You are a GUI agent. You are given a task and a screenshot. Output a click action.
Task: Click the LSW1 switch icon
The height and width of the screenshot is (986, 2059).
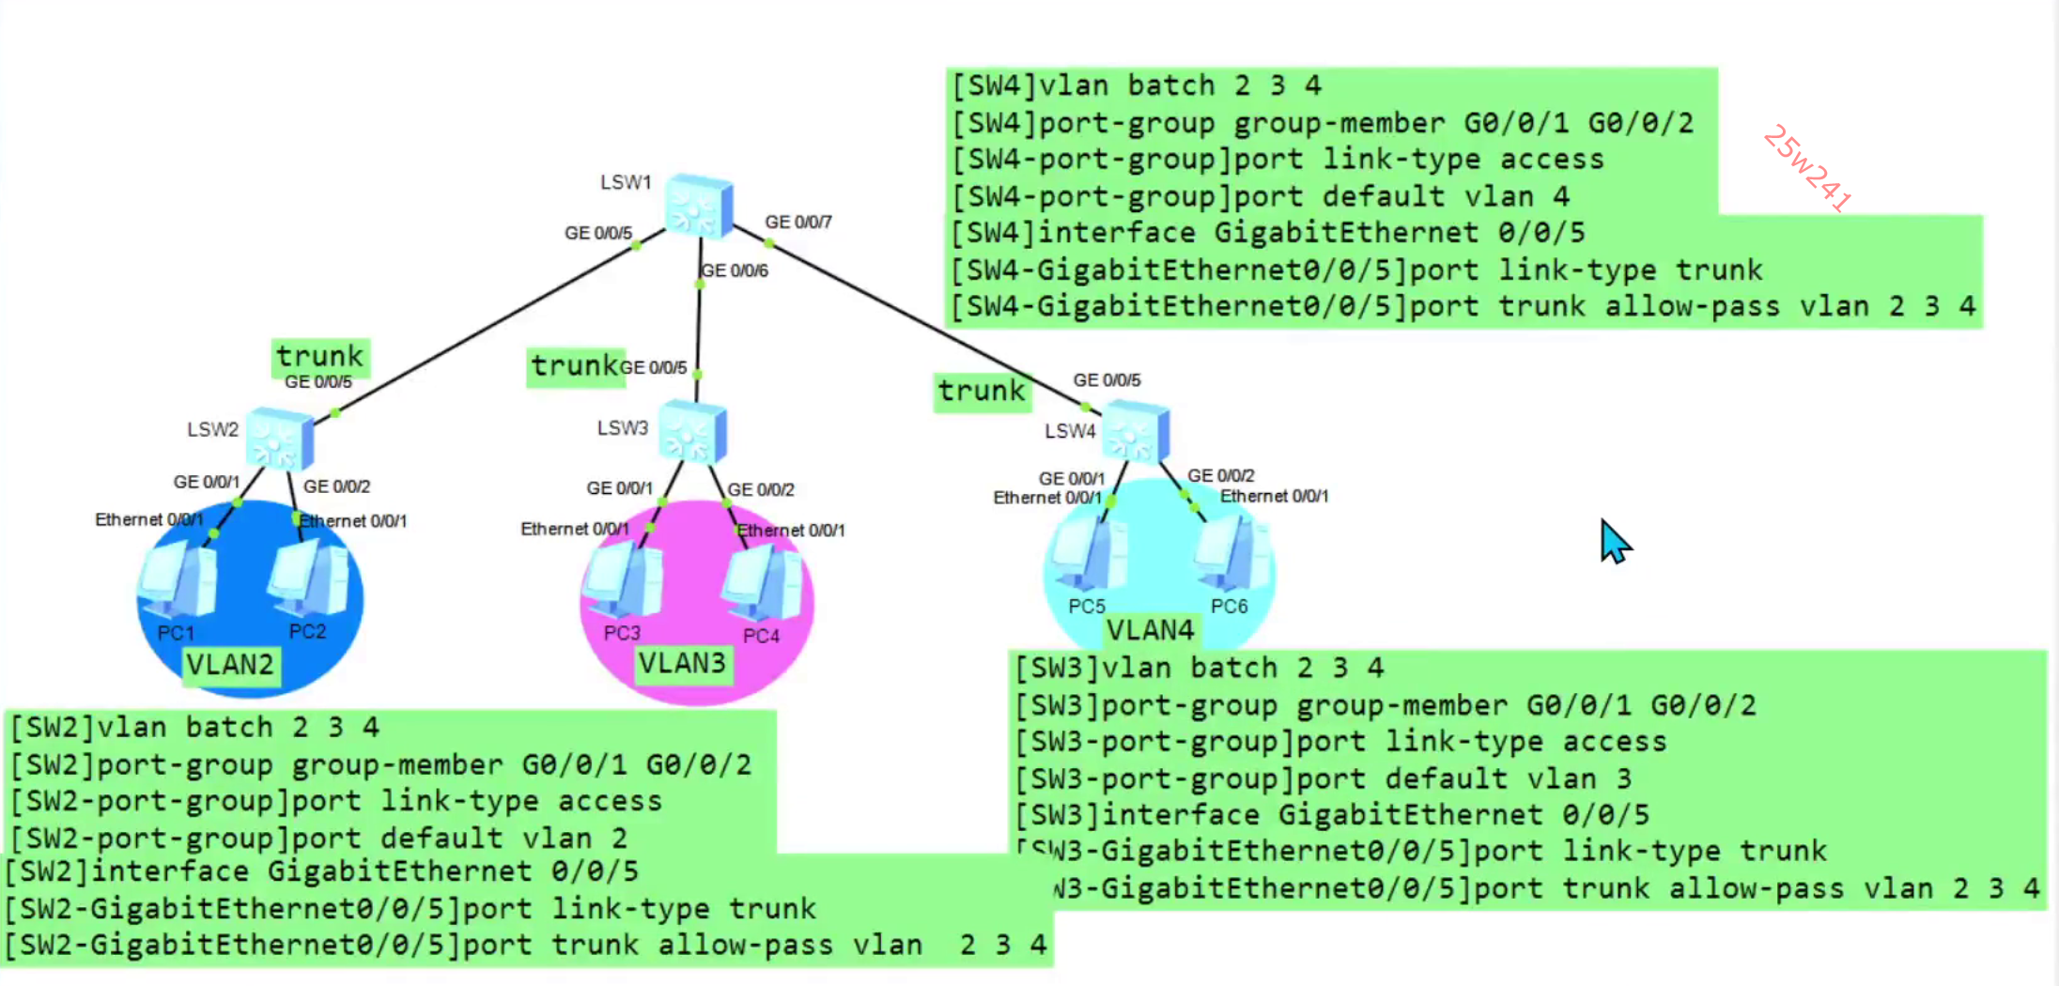[699, 205]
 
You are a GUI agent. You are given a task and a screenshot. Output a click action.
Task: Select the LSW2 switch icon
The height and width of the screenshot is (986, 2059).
[279, 438]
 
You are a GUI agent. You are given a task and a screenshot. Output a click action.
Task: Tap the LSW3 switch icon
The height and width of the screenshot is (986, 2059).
[692, 432]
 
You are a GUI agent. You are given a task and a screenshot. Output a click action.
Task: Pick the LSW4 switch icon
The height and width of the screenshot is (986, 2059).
[1136, 431]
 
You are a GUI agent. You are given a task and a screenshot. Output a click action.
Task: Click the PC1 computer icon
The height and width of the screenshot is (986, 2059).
[178, 582]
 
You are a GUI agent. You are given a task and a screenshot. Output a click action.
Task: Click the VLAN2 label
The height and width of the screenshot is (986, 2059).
[230, 665]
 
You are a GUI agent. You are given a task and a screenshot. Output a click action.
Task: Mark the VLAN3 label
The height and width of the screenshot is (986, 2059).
[683, 663]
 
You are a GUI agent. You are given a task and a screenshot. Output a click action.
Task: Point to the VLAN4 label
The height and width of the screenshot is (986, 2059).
[1151, 629]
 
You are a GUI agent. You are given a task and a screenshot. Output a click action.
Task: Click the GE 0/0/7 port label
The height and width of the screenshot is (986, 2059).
[798, 222]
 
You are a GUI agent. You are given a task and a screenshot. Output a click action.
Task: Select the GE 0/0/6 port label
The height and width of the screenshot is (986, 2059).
[735, 270]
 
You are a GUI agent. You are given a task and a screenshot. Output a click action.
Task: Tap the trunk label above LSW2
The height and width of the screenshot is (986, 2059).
[320, 356]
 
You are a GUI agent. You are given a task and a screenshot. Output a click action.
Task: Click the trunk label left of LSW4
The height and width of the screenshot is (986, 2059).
[982, 390]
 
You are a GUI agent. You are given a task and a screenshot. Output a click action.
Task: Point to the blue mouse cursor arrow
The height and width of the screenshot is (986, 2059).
[1614, 542]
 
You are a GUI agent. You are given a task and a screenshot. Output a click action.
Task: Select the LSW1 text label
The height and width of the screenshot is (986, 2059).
[626, 182]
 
